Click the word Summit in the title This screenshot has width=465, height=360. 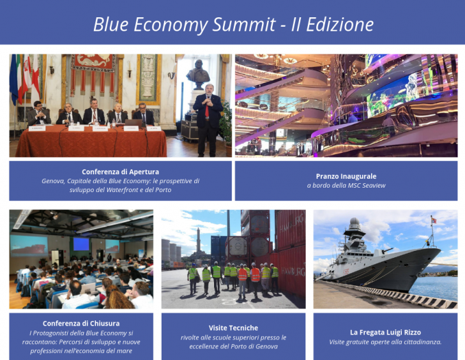click(244, 24)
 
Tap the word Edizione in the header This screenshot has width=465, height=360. click(340, 24)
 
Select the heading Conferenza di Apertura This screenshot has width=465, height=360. click(120, 172)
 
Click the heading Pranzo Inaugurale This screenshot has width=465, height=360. click(346, 176)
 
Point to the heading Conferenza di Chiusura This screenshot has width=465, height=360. click(81, 324)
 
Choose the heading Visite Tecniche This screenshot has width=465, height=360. click(233, 328)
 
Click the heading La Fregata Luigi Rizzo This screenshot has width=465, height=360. click(386, 333)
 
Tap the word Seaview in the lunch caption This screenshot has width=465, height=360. click(374, 186)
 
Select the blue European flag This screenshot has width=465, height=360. click(13, 79)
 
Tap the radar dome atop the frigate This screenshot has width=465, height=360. click(354, 221)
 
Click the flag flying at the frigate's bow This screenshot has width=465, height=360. click(434, 220)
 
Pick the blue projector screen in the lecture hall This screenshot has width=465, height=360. click(81, 244)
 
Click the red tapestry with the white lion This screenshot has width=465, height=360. click(93, 62)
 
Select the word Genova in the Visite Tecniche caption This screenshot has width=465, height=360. click(268, 347)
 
